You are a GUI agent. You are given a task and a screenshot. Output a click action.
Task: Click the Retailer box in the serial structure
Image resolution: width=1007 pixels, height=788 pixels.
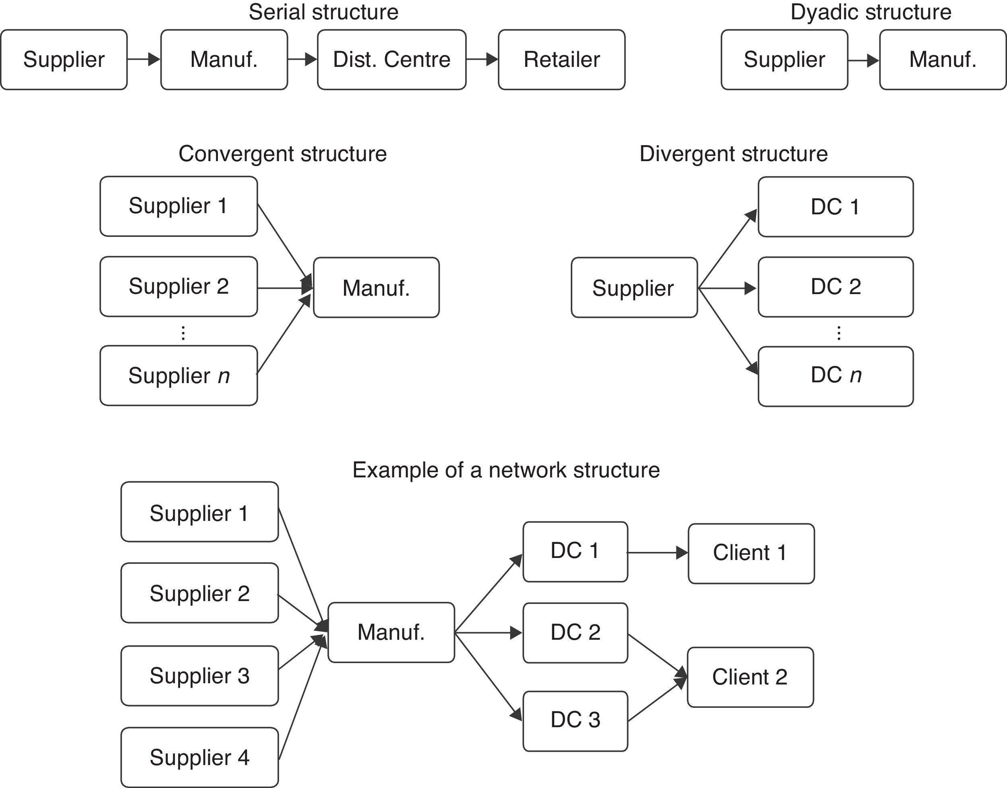pyautogui.click(x=562, y=60)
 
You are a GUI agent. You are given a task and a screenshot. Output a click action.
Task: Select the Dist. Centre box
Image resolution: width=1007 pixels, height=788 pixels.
pyautogui.click(x=392, y=60)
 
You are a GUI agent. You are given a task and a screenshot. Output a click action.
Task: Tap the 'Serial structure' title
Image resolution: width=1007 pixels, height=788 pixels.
pyautogui.click(x=323, y=12)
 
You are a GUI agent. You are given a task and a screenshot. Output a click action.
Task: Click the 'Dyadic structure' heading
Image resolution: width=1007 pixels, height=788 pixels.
pyautogui.click(x=871, y=12)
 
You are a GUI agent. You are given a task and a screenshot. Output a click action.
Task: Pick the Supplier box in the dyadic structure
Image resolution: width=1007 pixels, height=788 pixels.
pyautogui.click(x=784, y=60)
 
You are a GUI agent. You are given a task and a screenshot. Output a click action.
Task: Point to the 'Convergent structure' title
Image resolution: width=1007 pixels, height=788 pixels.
pyautogui.click(x=282, y=153)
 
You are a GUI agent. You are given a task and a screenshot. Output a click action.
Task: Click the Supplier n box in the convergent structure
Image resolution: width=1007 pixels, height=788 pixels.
pyautogui.click(x=178, y=375)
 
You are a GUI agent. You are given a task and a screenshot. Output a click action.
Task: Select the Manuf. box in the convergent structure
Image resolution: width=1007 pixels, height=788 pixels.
pyautogui.click(x=376, y=287)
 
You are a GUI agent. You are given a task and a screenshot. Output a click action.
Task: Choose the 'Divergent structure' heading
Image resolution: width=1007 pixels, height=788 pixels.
pyautogui.click(x=733, y=153)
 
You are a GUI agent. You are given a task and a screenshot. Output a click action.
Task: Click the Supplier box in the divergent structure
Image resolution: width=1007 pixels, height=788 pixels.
pyautogui.click(x=634, y=287)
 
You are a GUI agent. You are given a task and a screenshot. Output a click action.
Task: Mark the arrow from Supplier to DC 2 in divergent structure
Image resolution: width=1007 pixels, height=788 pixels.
pyautogui.click(x=727, y=288)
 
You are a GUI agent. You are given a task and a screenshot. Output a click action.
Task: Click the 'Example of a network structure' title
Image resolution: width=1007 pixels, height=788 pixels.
pyautogui.click(x=506, y=470)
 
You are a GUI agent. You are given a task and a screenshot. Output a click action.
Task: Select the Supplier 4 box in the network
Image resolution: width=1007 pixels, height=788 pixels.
pyautogui.click(x=199, y=757)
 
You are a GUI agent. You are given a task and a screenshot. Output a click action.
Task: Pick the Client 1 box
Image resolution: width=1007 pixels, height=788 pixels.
pyautogui.click(x=751, y=553)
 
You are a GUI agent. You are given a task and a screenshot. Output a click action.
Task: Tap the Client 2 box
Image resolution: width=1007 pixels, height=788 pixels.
pyautogui.click(x=750, y=677)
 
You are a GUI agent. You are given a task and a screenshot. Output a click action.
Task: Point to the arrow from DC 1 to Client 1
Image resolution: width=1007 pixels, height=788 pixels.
pyautogui.click(x=657, y=552)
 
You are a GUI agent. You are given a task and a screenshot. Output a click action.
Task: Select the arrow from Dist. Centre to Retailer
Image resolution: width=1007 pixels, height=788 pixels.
pyautogui.click(x=482, y=59)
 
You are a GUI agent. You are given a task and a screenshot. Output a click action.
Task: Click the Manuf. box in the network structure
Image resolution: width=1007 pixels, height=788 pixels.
pyautogui.click(x=391, y=632)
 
